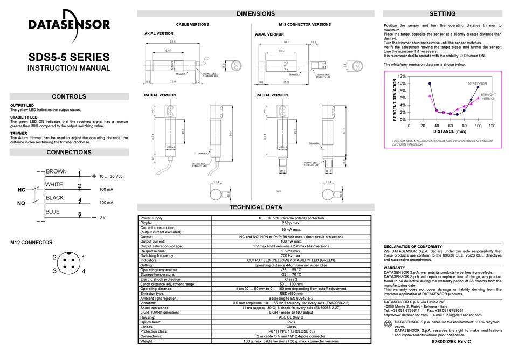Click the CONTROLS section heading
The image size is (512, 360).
pos(68,97)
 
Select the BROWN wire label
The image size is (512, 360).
pos(56,171)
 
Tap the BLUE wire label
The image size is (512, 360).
pos(53,212)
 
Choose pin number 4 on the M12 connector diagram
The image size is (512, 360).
pos(84,271)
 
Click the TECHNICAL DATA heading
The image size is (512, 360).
pos(255,207)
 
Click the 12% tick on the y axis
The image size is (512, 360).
pos(402,77)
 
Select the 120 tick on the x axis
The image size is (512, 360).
pos(492,125)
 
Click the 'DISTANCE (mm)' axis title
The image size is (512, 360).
pos(449,131)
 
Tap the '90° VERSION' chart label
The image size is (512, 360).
pos(477,84)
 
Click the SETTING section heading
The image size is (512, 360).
pos(442,14)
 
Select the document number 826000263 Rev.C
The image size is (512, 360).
pos(456,341)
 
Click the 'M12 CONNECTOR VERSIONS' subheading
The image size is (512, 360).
pos(305,25)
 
